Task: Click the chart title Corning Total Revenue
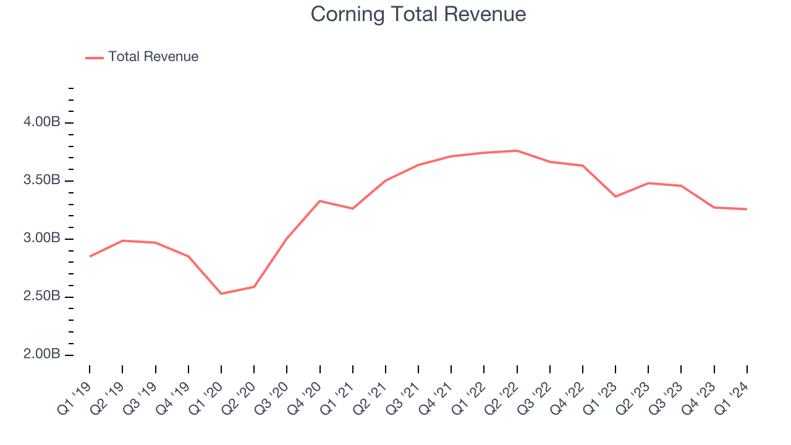click(x=418, y=14)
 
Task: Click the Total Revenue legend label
click(x=153, y=57)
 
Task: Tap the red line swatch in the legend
click(x=95, y=57)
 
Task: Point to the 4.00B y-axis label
click(x=42, y=122)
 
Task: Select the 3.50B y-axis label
click(x=42, y=180)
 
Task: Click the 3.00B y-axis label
click(x=42, y=239)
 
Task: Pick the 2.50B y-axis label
click(x=42, y=297)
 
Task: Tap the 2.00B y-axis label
click(x=42, y=355)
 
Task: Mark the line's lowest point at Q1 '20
click(x=221, y=294)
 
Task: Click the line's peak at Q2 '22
click(x=517, y=151)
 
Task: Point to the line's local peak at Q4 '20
click(x=320, y=201)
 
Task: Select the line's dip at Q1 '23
click(x=615, y=197)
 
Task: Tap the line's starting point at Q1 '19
click(x=90, y=256)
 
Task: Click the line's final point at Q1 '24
click(x=747, y=209)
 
